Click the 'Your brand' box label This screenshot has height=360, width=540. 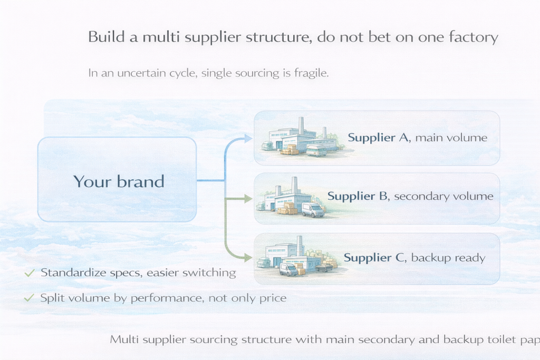pos(119,181)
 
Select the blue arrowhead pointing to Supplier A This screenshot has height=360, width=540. pos(249,138)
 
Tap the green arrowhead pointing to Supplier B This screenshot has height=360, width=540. pos(248,199)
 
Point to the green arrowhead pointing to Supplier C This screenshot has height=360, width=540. pos(248,257)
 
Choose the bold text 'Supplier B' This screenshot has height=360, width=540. pos(359,196)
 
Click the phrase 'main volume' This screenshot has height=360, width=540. pos(451,138)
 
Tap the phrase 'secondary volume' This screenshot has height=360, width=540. pos(443,196)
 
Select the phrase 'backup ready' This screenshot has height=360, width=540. pos(448,258)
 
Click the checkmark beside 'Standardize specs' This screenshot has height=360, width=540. pos(30,273)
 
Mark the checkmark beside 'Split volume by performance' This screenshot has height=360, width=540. pos(30,298)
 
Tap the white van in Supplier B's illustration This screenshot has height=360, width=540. pos(313,210)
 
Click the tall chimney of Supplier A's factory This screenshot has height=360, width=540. pos(301,125)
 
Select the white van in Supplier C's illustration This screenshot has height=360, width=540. pos(289,269)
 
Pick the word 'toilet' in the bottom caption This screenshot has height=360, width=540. pos(497,339)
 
